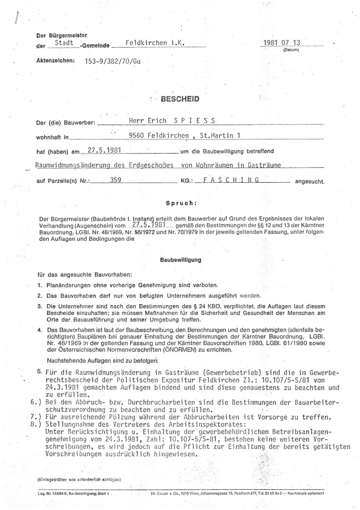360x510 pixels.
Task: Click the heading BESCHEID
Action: point(180,100)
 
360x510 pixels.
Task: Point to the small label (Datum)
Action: point(290,50)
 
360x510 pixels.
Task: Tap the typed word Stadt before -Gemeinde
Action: point(64,43)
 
